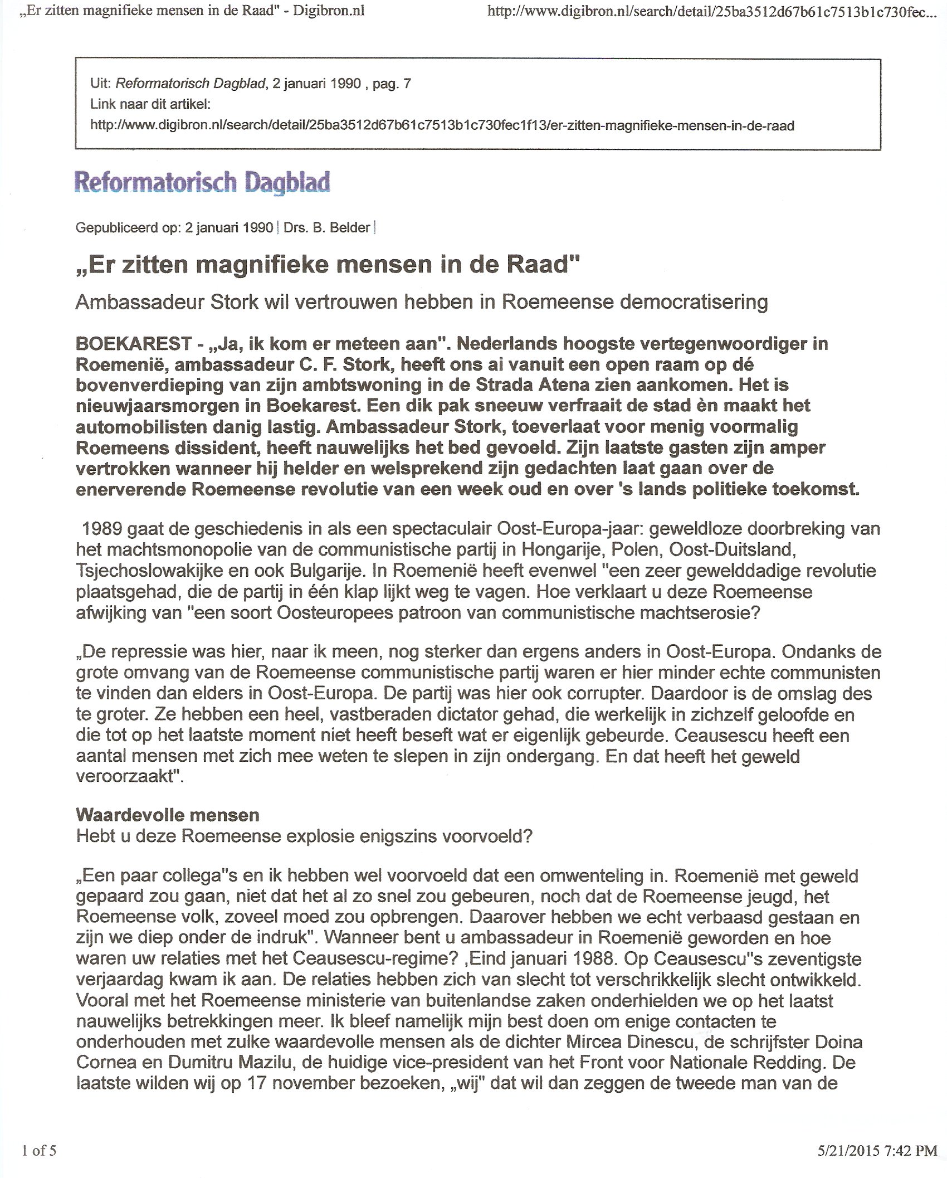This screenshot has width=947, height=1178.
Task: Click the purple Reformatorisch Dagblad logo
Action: coord(202,182)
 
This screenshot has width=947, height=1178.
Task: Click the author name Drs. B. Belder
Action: coord(327,228)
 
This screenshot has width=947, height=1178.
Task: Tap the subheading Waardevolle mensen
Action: coord(168,815)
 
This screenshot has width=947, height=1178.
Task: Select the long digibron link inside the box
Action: coord(442,125)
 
